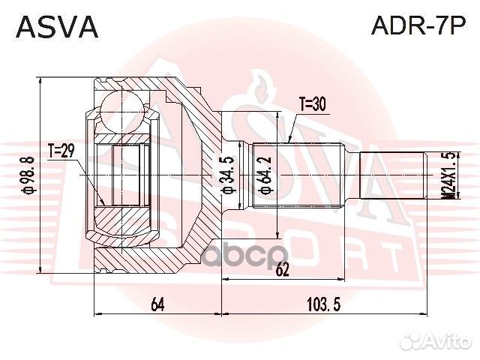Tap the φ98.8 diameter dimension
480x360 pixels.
28,174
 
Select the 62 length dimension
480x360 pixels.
281,271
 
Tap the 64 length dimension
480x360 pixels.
157,304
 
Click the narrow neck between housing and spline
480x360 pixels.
238,175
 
